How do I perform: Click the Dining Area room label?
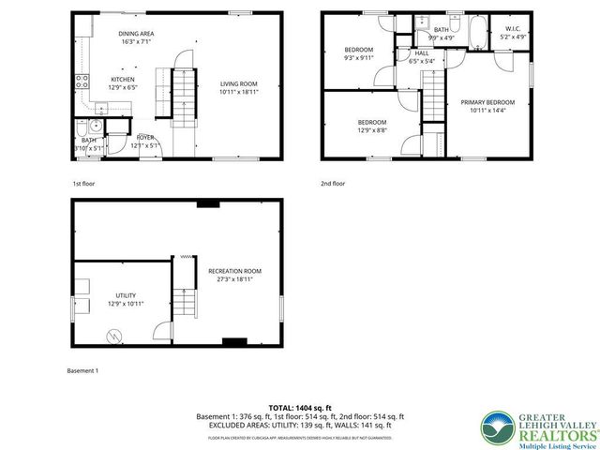coord(137,35)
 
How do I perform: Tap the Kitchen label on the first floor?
coord(123,80)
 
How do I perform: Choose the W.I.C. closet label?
coord(513,30)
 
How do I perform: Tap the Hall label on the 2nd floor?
coord(421,53)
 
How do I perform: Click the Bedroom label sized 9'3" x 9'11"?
coord(358,50)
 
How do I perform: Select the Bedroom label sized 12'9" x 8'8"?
coord(372,122)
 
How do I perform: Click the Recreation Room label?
coord(234,272)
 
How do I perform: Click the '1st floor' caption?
coord(84,185)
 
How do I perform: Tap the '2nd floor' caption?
coord(332,185)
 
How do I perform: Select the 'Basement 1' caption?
coord(82,370)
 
